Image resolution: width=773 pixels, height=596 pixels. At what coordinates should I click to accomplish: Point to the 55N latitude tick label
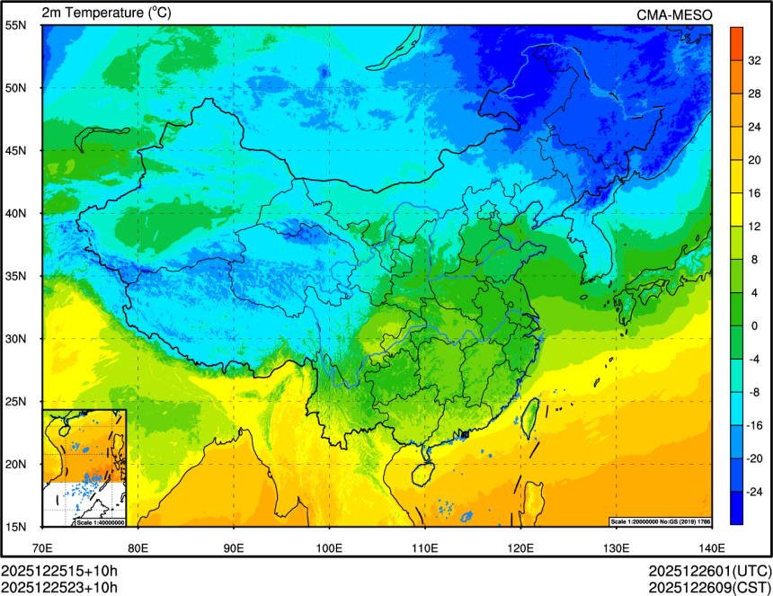[x=17, y=25]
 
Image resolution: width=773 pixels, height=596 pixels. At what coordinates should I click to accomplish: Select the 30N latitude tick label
[x=17, y=339]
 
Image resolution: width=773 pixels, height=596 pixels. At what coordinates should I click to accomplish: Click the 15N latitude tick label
[x=17, y=527]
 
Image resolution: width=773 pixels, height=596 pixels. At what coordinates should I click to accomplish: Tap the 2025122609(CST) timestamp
[x=710, y=588]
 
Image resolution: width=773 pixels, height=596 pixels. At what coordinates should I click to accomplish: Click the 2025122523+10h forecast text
[x=59, y=588]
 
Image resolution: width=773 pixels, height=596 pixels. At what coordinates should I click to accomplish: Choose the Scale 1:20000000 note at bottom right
[x=661, y=522]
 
